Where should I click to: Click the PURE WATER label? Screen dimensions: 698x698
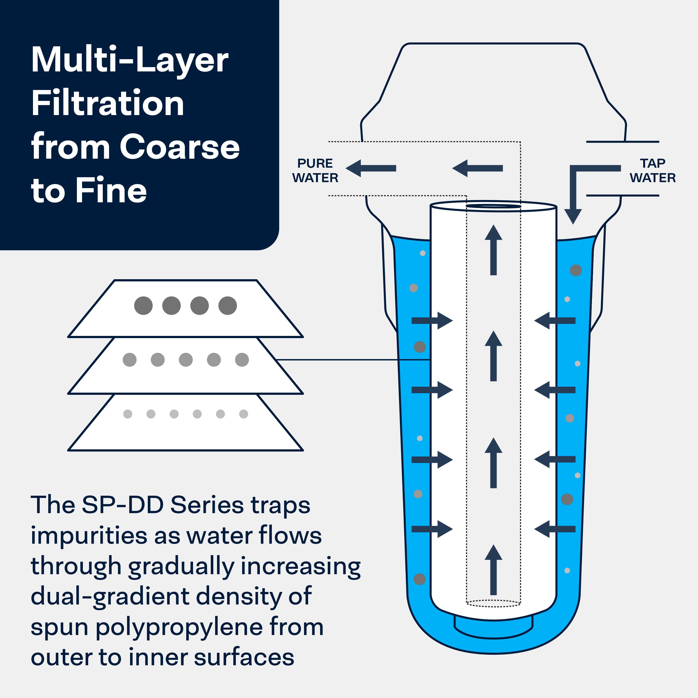315,170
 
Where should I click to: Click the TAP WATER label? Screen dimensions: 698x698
652,170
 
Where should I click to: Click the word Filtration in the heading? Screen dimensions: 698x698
108,103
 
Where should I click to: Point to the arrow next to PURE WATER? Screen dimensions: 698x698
371,168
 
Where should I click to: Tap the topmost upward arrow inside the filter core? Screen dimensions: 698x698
494,250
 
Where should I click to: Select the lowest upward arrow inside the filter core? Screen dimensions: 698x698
494,570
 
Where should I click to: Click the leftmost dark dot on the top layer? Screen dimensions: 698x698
143,306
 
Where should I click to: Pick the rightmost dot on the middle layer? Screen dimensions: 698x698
242,360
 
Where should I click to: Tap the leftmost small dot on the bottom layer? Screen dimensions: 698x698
128,414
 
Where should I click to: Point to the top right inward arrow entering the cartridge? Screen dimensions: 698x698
555,320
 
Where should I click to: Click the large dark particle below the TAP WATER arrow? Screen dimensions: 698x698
576,270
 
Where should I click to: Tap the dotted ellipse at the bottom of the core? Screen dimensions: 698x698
494,603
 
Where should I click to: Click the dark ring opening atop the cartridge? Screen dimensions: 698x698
494,206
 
